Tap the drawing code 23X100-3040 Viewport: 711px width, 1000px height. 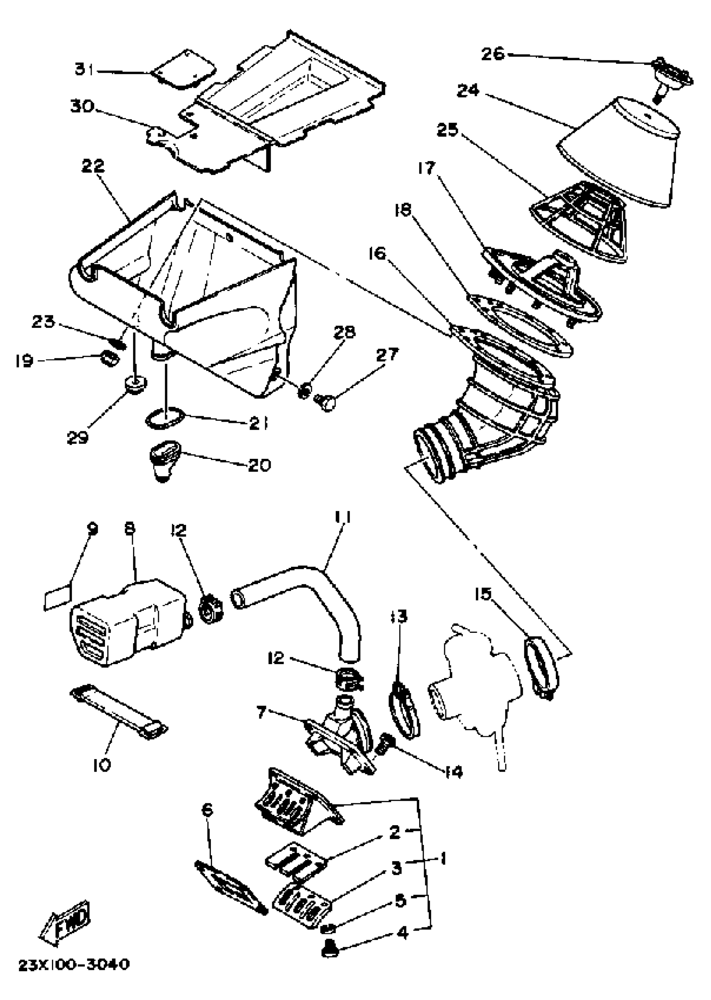pos(74,964)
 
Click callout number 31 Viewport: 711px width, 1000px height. pos(84,69)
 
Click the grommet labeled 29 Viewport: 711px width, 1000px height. pos(136,385)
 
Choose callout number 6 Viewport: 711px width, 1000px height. pos(207,810)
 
